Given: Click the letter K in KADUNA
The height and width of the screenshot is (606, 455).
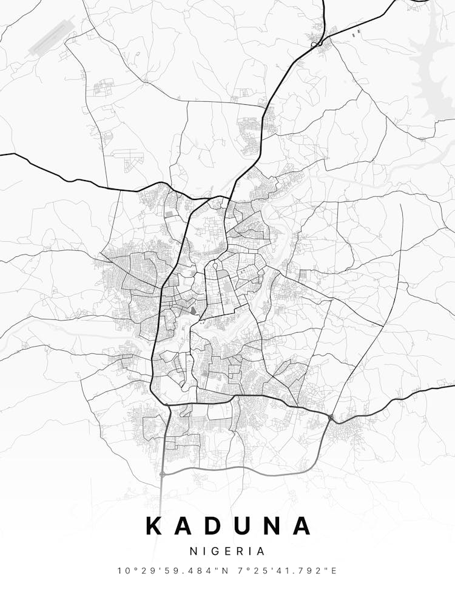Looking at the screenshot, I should click(x=156, y=525).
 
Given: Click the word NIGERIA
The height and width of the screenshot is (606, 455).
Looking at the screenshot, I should click(x=227, y=551).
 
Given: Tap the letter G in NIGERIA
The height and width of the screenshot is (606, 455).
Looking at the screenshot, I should click(x=213, y=551).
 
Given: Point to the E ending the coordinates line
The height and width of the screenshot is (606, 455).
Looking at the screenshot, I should click(x=334, y=570).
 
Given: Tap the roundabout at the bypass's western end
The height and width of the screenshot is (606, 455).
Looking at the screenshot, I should click(x=163, y=474).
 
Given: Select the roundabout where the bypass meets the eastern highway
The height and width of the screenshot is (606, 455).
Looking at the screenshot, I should click(x=331, y=417).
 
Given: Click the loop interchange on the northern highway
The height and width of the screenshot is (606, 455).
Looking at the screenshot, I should click(x=315, y=44).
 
